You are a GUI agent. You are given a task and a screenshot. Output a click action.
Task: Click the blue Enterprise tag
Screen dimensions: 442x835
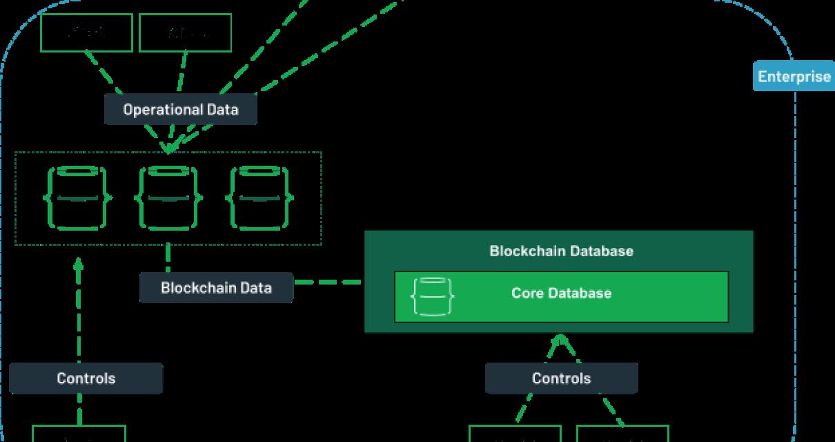tap(794, 77)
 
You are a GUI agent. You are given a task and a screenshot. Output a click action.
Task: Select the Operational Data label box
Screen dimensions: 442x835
tap(180, 110)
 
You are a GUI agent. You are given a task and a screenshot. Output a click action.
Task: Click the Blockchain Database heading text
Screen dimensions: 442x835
tap(561, 251)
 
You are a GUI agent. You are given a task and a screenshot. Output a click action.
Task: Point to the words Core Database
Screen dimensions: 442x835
tap(561, 293)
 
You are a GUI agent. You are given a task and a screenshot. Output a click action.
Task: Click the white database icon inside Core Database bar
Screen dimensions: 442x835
tap(433, 297)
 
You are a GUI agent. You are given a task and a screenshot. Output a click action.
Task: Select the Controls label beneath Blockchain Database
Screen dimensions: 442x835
tap(561, 378)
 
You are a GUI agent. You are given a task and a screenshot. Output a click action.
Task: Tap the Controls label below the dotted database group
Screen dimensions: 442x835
tap(86, 378)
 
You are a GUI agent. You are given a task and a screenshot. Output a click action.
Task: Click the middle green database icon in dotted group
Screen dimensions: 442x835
tap(168, 198)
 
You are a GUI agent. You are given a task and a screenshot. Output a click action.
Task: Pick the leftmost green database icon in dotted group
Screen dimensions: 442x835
tap(78, 198)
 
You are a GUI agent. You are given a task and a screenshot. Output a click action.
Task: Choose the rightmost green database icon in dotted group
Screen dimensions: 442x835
tap(259, 198)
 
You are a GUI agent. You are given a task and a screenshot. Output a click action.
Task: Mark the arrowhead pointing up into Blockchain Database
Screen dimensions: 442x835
tap(561, 340)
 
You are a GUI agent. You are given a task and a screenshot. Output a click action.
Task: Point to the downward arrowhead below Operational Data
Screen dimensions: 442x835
tap(167, 148)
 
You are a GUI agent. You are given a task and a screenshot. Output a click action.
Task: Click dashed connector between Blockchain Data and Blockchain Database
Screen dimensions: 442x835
tap(328, 282)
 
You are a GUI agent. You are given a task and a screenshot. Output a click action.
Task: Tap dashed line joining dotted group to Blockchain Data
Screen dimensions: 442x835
tap(168, 258)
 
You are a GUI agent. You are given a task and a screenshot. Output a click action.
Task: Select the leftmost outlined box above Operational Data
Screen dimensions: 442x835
tap(86, 32)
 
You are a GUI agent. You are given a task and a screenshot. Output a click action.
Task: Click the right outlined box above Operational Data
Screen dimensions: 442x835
tap(185, 32)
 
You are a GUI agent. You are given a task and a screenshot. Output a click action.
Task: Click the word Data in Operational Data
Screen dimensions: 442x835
tap(222, 110)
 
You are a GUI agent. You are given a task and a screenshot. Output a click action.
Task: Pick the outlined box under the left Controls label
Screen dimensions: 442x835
tap(79, 434)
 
